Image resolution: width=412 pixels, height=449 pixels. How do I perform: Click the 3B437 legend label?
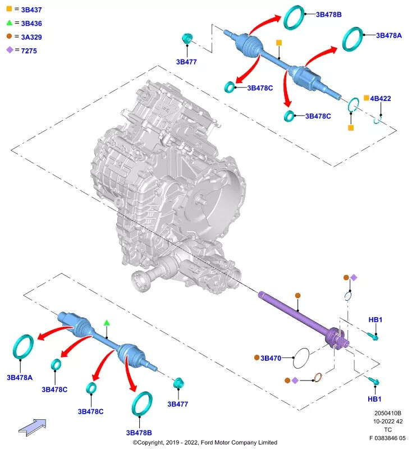[x=31, y=10]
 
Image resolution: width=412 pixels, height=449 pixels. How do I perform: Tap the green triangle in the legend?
[x=10, y=22]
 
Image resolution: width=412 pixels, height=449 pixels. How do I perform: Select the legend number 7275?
[x=29, y=51]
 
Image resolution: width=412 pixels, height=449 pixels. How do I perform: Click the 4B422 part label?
[x=381, y=99]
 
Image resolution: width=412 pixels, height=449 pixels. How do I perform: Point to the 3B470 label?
[x=271, y=358]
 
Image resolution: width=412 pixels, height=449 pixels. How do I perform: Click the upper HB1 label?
[x=376, y=320]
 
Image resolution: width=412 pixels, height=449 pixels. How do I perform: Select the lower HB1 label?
[x=374, y=399]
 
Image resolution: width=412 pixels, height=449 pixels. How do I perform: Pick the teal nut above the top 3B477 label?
[x=187, y=38]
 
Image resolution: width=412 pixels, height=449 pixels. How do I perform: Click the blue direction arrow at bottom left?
[x=33, y=428]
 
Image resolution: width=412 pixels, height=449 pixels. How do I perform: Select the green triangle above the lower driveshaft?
[x=107, y=323]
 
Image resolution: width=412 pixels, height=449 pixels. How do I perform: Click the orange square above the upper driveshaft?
[x=279, y=43]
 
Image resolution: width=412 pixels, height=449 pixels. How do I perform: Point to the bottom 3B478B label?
[x=139, y=433]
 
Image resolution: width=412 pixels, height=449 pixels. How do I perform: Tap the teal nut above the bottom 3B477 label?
[x=178, y=383]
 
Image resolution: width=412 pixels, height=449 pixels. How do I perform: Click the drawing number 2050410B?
[x=388, y=413]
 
